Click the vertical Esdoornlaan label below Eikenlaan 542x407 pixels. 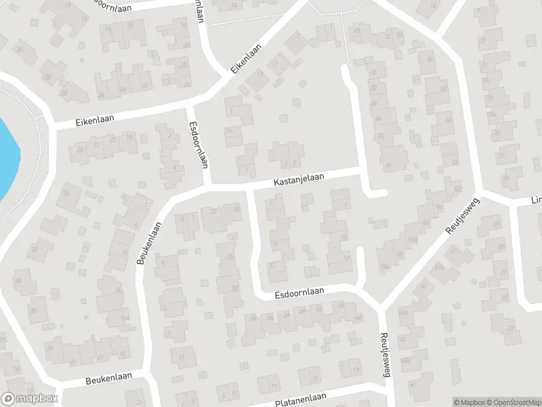(x=198, y=144)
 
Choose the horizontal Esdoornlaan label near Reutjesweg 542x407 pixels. (x=300, y=292)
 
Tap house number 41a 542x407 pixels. (x=438, y=267)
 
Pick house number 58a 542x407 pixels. (x=385, y=267)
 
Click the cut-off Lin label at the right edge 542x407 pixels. (x=535, y=201)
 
